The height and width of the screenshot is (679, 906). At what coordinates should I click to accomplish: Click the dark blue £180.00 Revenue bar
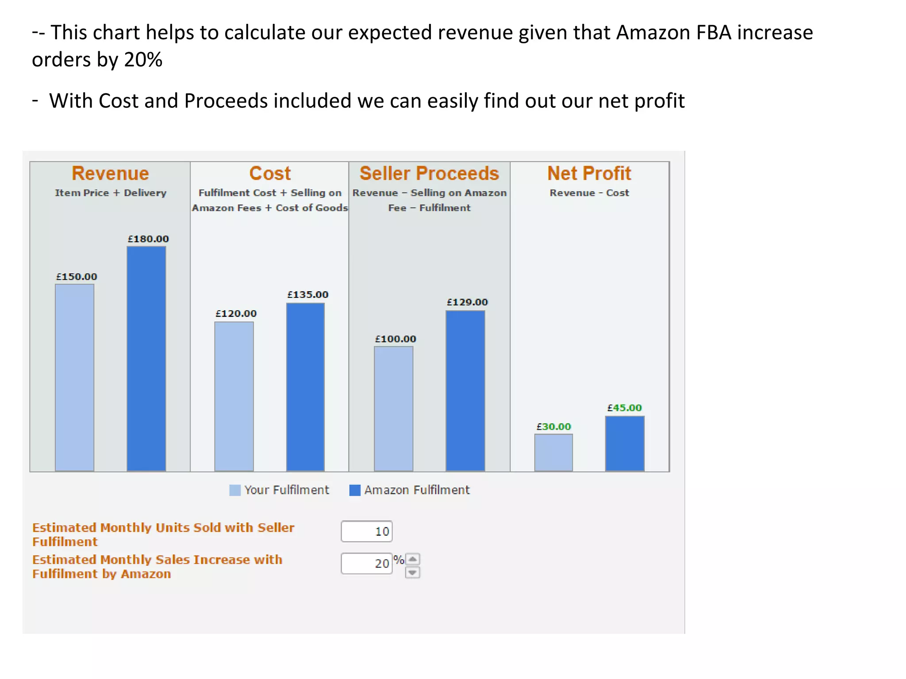[x=146, y=359]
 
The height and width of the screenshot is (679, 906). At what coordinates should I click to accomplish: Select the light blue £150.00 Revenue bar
[x=74, y=378]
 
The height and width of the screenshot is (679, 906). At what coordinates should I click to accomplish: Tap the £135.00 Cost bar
[x=305, y=387]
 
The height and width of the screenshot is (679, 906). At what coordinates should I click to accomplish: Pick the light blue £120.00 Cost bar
[x=234, y=397]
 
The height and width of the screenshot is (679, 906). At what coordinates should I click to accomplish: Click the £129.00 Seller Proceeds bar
[x=465, y=391]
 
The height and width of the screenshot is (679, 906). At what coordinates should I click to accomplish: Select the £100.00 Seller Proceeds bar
[x=393, y=408]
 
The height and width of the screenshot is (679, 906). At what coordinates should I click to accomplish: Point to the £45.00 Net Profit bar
[x=625, y=443]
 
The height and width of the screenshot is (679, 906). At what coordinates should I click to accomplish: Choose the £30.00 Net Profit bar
[x=553, y=453]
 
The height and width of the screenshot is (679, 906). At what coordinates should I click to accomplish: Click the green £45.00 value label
[x=624, y=408]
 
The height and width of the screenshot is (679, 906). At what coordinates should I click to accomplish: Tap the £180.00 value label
[x=148, y=239]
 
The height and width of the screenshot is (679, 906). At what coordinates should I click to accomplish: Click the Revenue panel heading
[x=110, y=173]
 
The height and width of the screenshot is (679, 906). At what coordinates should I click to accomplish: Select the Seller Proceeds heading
[x=429, y=173]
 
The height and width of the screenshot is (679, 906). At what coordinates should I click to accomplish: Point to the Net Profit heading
[x=589, y=173]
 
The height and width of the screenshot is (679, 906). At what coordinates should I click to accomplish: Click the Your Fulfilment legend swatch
[x=235, y=490]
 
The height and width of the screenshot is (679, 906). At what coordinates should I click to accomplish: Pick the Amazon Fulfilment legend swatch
[x=355, y=490]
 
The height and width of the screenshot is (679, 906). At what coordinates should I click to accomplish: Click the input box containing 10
[x=366, y=531]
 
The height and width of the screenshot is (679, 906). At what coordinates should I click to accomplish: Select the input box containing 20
[x=366, y=564]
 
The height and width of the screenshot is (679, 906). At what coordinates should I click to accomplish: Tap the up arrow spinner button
[x=412, y=559]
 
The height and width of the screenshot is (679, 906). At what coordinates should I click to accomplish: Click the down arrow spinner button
[x=412, y=573]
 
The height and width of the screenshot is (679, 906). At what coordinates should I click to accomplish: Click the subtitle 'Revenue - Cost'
[x=589, y=193]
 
